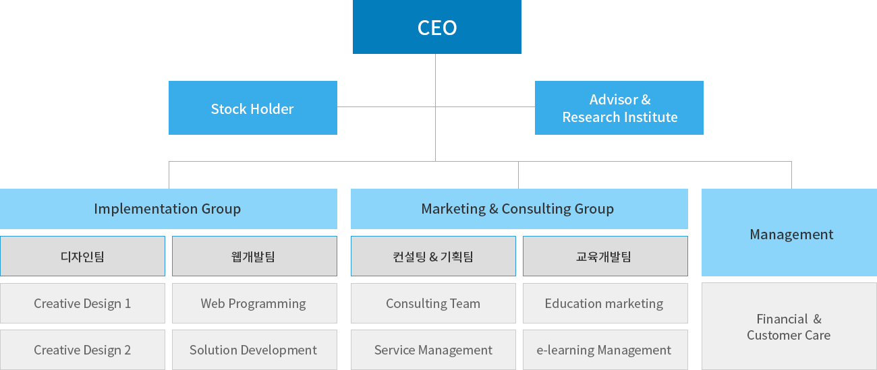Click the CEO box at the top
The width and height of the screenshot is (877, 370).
[436, 27]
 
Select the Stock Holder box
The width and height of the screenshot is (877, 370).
[252, 109]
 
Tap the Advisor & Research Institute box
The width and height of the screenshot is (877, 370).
[619, 108]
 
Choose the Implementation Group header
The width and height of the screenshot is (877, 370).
[168, 209]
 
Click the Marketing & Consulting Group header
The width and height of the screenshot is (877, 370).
[518, 209]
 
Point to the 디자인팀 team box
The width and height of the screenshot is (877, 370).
[82, 256]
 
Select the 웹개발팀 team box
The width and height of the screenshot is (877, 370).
[254, 256]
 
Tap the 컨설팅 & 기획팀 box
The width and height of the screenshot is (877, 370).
[433, 256]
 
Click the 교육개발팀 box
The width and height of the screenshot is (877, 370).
[605, 256]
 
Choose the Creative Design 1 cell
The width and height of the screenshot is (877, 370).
[82, 303]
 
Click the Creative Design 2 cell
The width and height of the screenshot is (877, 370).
[82, 350]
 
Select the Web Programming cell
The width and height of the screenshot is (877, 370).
[254, 303]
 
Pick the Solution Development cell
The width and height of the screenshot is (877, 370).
[254, 350]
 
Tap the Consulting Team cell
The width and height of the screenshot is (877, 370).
[433, 303]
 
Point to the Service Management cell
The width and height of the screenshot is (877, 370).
[433, 350]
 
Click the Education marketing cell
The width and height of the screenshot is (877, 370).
[605, 303]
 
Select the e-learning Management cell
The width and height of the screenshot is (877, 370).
[605, 350]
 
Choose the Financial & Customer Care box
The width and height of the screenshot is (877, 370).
[789, 327]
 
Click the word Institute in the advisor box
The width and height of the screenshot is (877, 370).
[650, 117]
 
